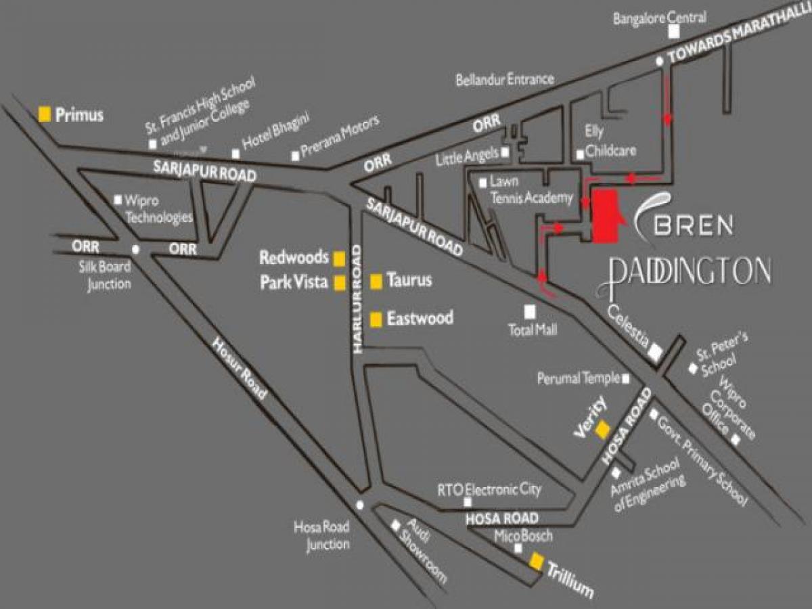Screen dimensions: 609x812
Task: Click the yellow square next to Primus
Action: click(45, 114)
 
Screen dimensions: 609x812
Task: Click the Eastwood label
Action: click(420, 318)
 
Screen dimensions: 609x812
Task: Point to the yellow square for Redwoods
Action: click(339, 258)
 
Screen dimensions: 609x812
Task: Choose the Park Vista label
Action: click(294, 283)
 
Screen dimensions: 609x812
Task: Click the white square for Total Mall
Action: click(530, 311)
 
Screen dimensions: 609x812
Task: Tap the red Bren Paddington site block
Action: click(604, 215)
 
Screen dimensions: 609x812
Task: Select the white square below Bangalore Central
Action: click(673, 32)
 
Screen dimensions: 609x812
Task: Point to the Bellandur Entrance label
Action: click(504, 79)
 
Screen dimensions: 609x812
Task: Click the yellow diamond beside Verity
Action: click(601, 431)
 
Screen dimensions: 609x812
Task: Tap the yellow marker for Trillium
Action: click(537, 561)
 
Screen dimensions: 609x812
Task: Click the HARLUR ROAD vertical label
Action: click(357, 298)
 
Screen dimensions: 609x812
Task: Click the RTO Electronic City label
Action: click(489, 489)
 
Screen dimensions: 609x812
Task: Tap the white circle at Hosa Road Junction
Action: click(360, 505)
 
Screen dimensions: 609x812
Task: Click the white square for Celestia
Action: click(655, 353)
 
